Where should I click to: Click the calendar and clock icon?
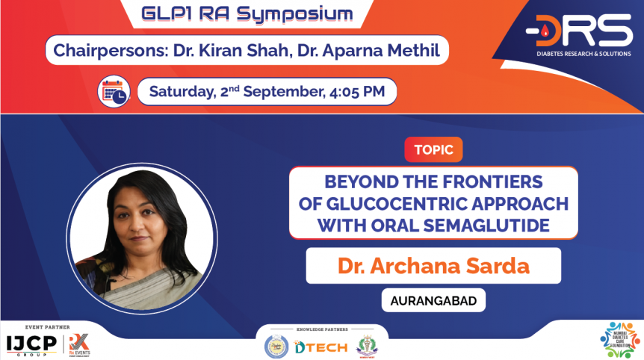[114, 93]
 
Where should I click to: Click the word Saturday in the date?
[182, 93]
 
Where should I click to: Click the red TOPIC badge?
[433, 149]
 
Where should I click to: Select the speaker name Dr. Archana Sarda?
[433, 266]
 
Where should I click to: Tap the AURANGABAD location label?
[433, 301]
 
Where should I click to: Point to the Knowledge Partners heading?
[322, 329]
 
